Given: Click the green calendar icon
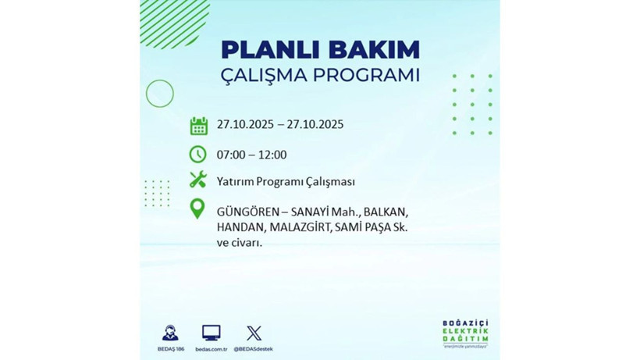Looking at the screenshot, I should click(x=198, y=126).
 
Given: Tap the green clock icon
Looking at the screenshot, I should click(x=198, y=154).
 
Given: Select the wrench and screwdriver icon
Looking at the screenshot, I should click(x=198, y=180).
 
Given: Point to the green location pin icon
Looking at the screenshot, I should click(x=198, y=209).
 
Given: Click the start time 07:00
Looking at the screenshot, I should click(x=232, y=155).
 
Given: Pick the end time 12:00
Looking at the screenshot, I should click(x=272, y=155).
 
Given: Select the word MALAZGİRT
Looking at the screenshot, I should click(x=301, y=227).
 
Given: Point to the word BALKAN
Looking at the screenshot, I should click(x=386, y=212).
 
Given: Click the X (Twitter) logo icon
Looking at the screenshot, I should click(x=254, y=333).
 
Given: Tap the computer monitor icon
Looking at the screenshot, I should click(x=211, y=333).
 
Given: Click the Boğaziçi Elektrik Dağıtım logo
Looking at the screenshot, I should click(x=465, y=334).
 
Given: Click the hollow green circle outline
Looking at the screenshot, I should click(x=159, y=94).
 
